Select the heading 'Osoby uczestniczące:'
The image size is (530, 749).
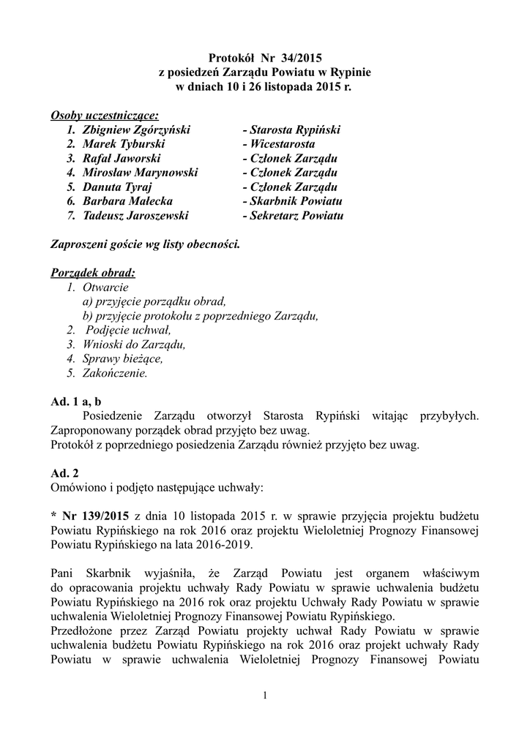point(104,116)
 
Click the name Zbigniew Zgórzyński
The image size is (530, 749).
point(136,129)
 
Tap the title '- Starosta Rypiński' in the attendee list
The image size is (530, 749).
point(291,129)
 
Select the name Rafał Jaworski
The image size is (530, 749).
point(122,158)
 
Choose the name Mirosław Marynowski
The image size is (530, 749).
point(141,173)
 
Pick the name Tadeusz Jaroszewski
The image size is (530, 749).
point(135,216)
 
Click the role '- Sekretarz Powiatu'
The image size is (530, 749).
point(292,216)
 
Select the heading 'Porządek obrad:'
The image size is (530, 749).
point(93,273)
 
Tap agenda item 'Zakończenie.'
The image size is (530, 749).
point(115,373)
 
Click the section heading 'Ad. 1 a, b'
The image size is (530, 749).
point(76,402)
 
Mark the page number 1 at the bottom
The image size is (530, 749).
point(265,694)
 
